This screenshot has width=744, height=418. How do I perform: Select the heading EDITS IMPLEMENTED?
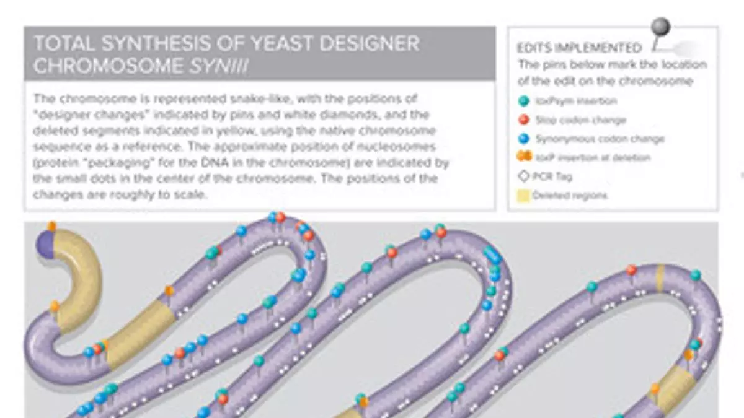coord(580,48)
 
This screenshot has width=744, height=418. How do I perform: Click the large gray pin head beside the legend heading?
coord(662,27)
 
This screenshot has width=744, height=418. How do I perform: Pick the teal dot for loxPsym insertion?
coord(524,101)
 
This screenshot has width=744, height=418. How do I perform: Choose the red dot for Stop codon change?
coord(524,120)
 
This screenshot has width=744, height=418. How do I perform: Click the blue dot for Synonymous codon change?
coord(524,139)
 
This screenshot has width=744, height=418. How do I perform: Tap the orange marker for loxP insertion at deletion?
coord(524,157)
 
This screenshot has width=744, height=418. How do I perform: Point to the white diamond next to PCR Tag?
coord(524,176)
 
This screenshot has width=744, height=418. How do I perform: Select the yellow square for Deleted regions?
coord(524,196)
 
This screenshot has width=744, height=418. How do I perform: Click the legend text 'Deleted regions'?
coord(570,196)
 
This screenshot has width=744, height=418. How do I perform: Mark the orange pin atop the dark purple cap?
coord(51,226)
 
